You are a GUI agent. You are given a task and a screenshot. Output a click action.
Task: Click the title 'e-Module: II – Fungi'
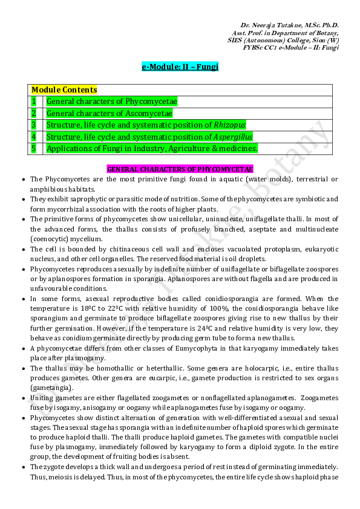180,66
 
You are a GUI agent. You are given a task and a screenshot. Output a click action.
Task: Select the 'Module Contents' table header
64,89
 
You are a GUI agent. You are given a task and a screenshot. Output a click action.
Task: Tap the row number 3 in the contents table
34,125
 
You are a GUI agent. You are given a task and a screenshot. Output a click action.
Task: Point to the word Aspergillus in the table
233,137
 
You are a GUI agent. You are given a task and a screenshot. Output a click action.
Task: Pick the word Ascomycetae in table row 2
149,113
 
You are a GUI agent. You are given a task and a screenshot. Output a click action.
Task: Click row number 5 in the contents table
34,148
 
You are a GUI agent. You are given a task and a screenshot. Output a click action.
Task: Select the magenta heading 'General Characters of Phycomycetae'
180,169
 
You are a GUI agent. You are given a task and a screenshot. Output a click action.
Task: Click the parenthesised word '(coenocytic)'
49,239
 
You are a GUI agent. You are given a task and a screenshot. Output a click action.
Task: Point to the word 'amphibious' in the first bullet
48,189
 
